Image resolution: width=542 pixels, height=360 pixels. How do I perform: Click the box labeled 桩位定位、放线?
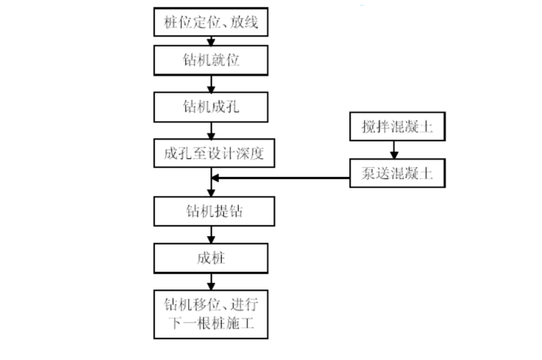tap(210, 21)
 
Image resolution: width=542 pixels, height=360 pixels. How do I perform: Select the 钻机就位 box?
tap(210, 60)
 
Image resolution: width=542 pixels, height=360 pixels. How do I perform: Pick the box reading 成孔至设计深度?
tap(210, 153)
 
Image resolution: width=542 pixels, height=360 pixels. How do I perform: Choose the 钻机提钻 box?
tap(210, 212)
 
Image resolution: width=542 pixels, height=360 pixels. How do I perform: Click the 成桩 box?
tap(210, 258)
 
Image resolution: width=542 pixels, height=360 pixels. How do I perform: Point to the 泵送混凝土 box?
tap(397, 173)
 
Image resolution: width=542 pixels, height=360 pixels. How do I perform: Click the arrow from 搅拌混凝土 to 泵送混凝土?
tap(392, 150)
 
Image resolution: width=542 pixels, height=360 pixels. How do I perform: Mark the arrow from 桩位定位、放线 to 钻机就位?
tap(210, 41)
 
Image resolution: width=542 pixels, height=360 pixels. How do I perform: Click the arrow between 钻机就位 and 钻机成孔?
tap(210, 83)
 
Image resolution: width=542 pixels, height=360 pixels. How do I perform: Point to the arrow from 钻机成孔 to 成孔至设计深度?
tap(210, 130)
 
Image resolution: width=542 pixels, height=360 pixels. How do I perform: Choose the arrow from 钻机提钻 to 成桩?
tap(210, 235)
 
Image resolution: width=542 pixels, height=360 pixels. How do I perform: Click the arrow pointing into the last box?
tap(210, 281)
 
